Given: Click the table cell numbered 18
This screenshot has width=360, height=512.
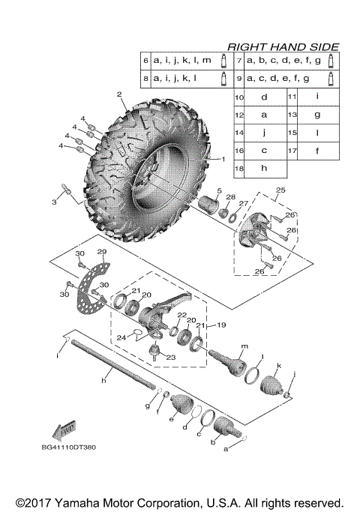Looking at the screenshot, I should click(240, 169).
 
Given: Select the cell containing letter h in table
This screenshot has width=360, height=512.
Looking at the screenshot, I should click(264, 169).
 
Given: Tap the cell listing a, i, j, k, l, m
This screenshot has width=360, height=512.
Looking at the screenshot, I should click(182, 59).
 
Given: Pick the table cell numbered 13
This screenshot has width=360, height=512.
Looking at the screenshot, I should click(293, 115).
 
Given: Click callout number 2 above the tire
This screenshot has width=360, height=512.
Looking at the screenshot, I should click(118, 94).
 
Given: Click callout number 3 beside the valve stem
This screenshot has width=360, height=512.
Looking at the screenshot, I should click(53, 202).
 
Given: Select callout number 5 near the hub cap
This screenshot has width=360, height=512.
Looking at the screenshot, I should click(219, 191).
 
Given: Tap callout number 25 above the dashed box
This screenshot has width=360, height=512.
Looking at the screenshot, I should click(279, 191).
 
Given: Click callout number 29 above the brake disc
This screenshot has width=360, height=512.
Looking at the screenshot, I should click(101, 251).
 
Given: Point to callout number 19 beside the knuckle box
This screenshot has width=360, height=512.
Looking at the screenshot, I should click(221, 325).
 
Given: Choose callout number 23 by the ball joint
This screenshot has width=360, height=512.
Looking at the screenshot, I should click(170, 358).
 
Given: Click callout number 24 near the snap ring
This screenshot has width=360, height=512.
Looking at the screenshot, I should click(121, 338).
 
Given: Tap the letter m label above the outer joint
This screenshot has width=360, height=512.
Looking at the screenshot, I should click(244, 347).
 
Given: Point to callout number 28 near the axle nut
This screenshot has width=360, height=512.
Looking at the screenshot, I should click(231, 196).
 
